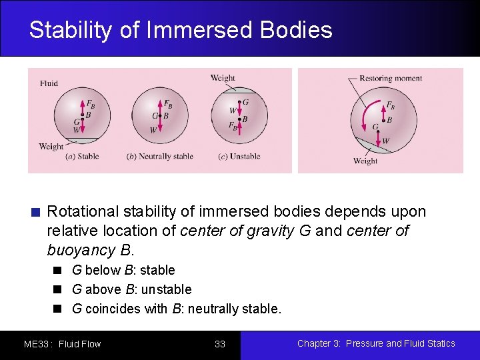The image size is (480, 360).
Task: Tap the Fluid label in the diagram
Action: (x=49, y=83)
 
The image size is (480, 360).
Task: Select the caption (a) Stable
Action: (x=82, y=157)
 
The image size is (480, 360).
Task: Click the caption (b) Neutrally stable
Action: (x=159, y=157)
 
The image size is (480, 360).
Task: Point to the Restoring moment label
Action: (x=390, y=79)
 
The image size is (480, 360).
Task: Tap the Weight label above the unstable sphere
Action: (x=223, y=78)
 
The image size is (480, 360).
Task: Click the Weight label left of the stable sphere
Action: (x=51, y=147)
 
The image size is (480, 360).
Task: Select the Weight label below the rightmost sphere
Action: (x=365, y=161)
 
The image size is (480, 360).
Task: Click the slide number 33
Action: (x=220, y=344)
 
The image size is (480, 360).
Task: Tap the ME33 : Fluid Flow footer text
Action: (x=62, y=344)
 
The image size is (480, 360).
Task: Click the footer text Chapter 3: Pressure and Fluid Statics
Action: (x=376, y=343)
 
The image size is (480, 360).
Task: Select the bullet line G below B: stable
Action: (x=123, y=270)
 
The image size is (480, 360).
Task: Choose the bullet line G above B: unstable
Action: (x=131, y=289)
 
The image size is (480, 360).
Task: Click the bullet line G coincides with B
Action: (x=177, y=309)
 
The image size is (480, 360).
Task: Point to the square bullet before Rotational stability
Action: (x=36, y=213)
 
